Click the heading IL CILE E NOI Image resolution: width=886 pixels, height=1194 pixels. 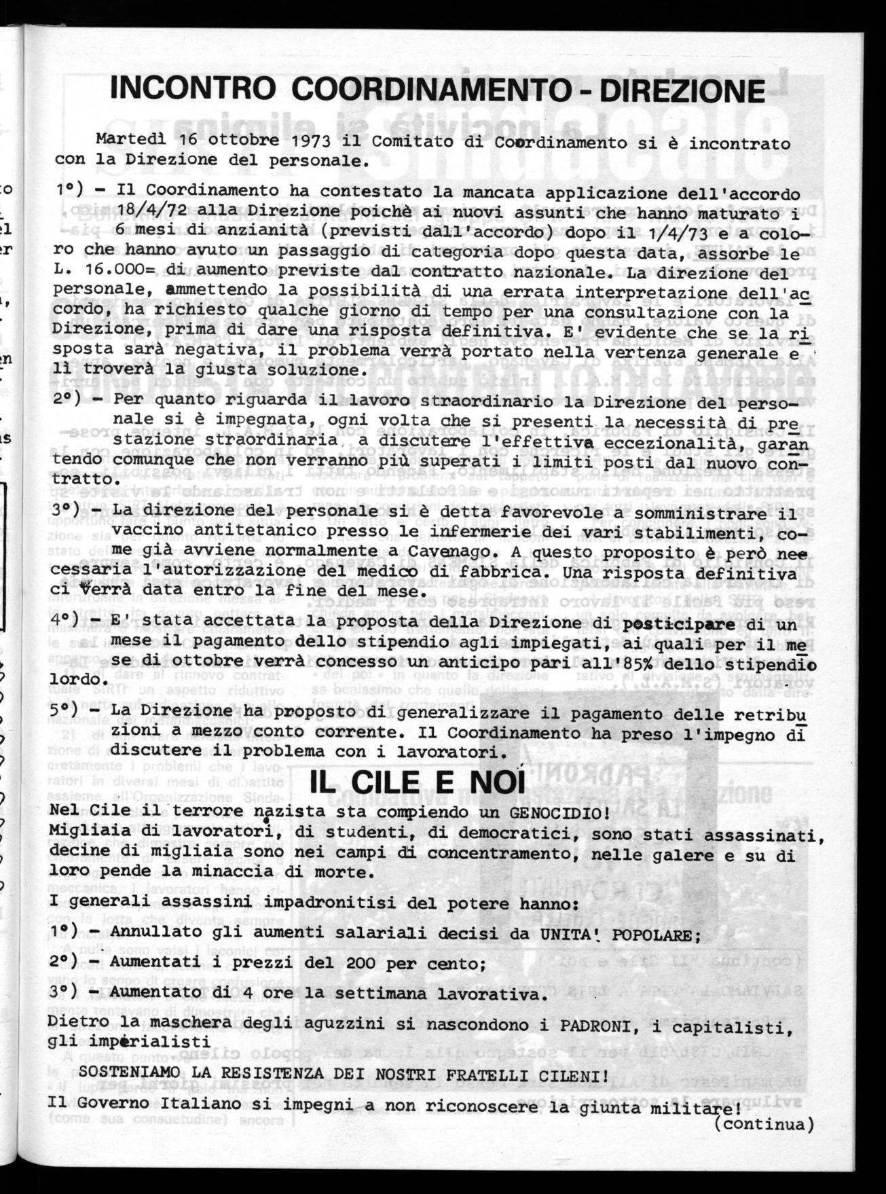418,783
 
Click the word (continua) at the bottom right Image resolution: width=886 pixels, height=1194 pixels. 764,1123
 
